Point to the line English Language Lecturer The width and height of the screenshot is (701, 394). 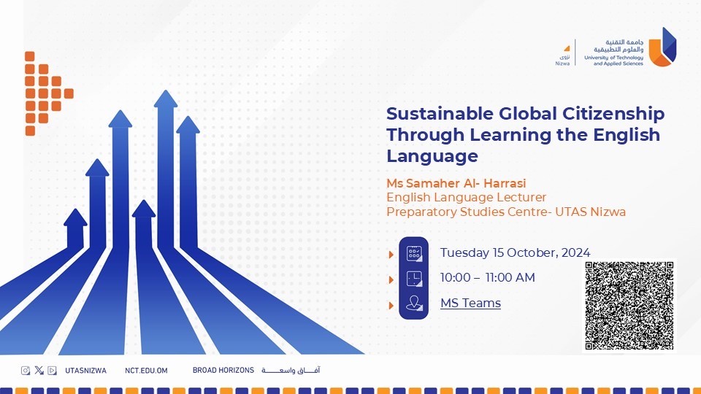pos(466,197)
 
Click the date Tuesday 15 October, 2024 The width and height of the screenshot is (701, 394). pos(515,252)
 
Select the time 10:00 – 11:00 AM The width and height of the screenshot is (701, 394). pos(487,277)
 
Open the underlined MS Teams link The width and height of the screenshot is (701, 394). pos(470,303)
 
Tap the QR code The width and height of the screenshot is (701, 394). pos(629,306)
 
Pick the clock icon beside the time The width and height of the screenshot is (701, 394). pos(414,279)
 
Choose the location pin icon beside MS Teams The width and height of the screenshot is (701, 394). pos(414,304)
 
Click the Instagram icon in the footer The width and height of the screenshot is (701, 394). pos(26,370)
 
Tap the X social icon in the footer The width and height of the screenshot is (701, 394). pos(39,370)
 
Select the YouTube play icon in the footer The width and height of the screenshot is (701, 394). pos(52,370)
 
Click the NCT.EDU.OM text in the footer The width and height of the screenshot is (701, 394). pos(146,371)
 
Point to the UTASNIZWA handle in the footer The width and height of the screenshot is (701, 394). pos(85,371)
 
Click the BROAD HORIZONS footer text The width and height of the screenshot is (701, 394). pos(223,371)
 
